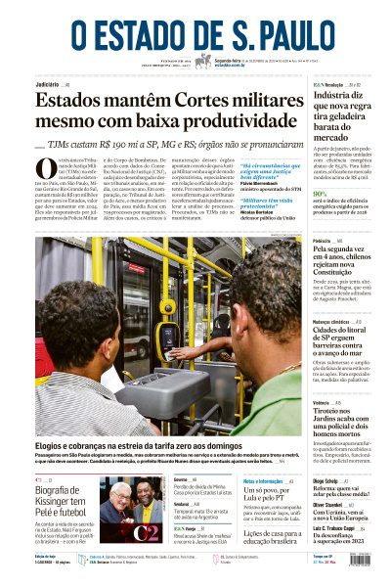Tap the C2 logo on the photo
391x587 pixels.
146,531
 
